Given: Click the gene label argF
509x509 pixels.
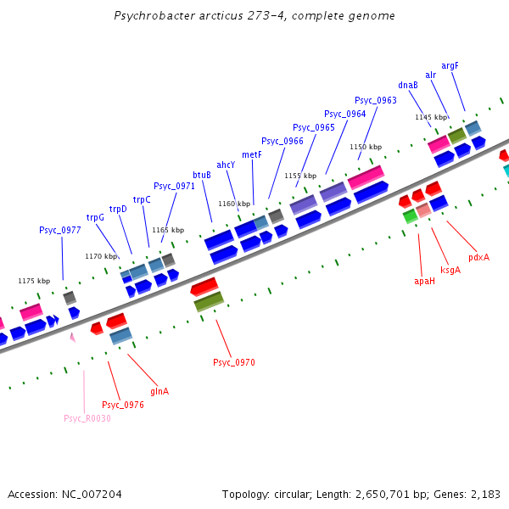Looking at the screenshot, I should (450, 65).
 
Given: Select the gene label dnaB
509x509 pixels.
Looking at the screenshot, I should (407, 85).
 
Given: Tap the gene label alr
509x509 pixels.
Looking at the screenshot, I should (431, 76).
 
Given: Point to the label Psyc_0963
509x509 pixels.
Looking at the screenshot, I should (375, 100).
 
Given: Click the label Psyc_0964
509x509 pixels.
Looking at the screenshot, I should (344, 114).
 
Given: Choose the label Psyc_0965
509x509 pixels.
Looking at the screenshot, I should (314, 127).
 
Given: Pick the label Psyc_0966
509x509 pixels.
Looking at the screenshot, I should (282, 141).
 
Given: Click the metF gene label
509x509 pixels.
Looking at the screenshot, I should (252, 154).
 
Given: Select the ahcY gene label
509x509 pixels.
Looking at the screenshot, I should (226, 165).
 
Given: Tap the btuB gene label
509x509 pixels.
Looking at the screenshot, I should (202, 175).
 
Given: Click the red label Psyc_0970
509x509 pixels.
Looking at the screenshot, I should (234, 362).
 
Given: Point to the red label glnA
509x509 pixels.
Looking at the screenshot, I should (159, 391).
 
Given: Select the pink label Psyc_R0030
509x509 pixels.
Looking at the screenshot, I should (87, 418).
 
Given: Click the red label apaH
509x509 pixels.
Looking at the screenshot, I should (424, 281).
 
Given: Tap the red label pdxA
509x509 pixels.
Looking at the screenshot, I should (478, 257).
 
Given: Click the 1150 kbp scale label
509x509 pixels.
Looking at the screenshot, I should (366, 147).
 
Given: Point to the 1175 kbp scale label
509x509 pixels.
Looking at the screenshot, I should (34, 280).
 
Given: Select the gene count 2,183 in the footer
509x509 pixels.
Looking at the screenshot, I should (484, 494).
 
